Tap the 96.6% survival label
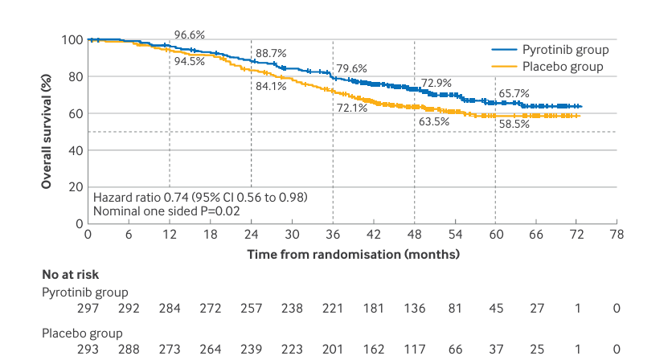click(191, 35)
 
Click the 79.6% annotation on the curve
click(352, 68)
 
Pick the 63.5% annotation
click(433, 122)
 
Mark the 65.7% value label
click(514, 93)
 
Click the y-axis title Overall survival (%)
click(48, 132)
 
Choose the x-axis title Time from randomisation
click(353, 255)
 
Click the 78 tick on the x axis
click(617, 235)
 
